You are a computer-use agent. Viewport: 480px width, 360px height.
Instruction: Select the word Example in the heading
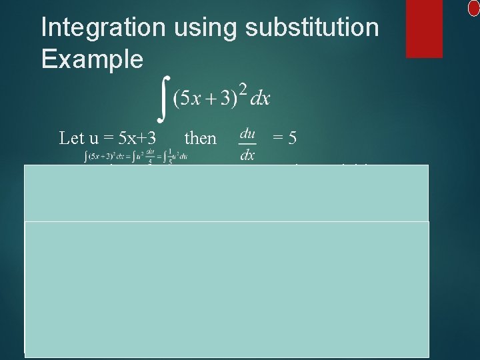tap(92, 59)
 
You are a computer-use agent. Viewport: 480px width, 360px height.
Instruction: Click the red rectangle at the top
tap(424, 28)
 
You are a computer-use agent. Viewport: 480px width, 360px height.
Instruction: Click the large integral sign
tap(163, 97)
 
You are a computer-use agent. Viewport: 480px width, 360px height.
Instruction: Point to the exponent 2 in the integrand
tap(244, 88)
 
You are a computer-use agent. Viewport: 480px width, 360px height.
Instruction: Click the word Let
tap(71, 138)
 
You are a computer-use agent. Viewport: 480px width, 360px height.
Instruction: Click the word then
tap(200, 138)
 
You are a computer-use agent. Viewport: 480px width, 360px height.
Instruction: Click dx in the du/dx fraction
tap(247, 155)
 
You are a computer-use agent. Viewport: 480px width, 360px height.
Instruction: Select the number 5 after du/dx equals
tap(292, 138)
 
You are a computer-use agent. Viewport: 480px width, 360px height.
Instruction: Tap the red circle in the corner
tap(474, 7)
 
